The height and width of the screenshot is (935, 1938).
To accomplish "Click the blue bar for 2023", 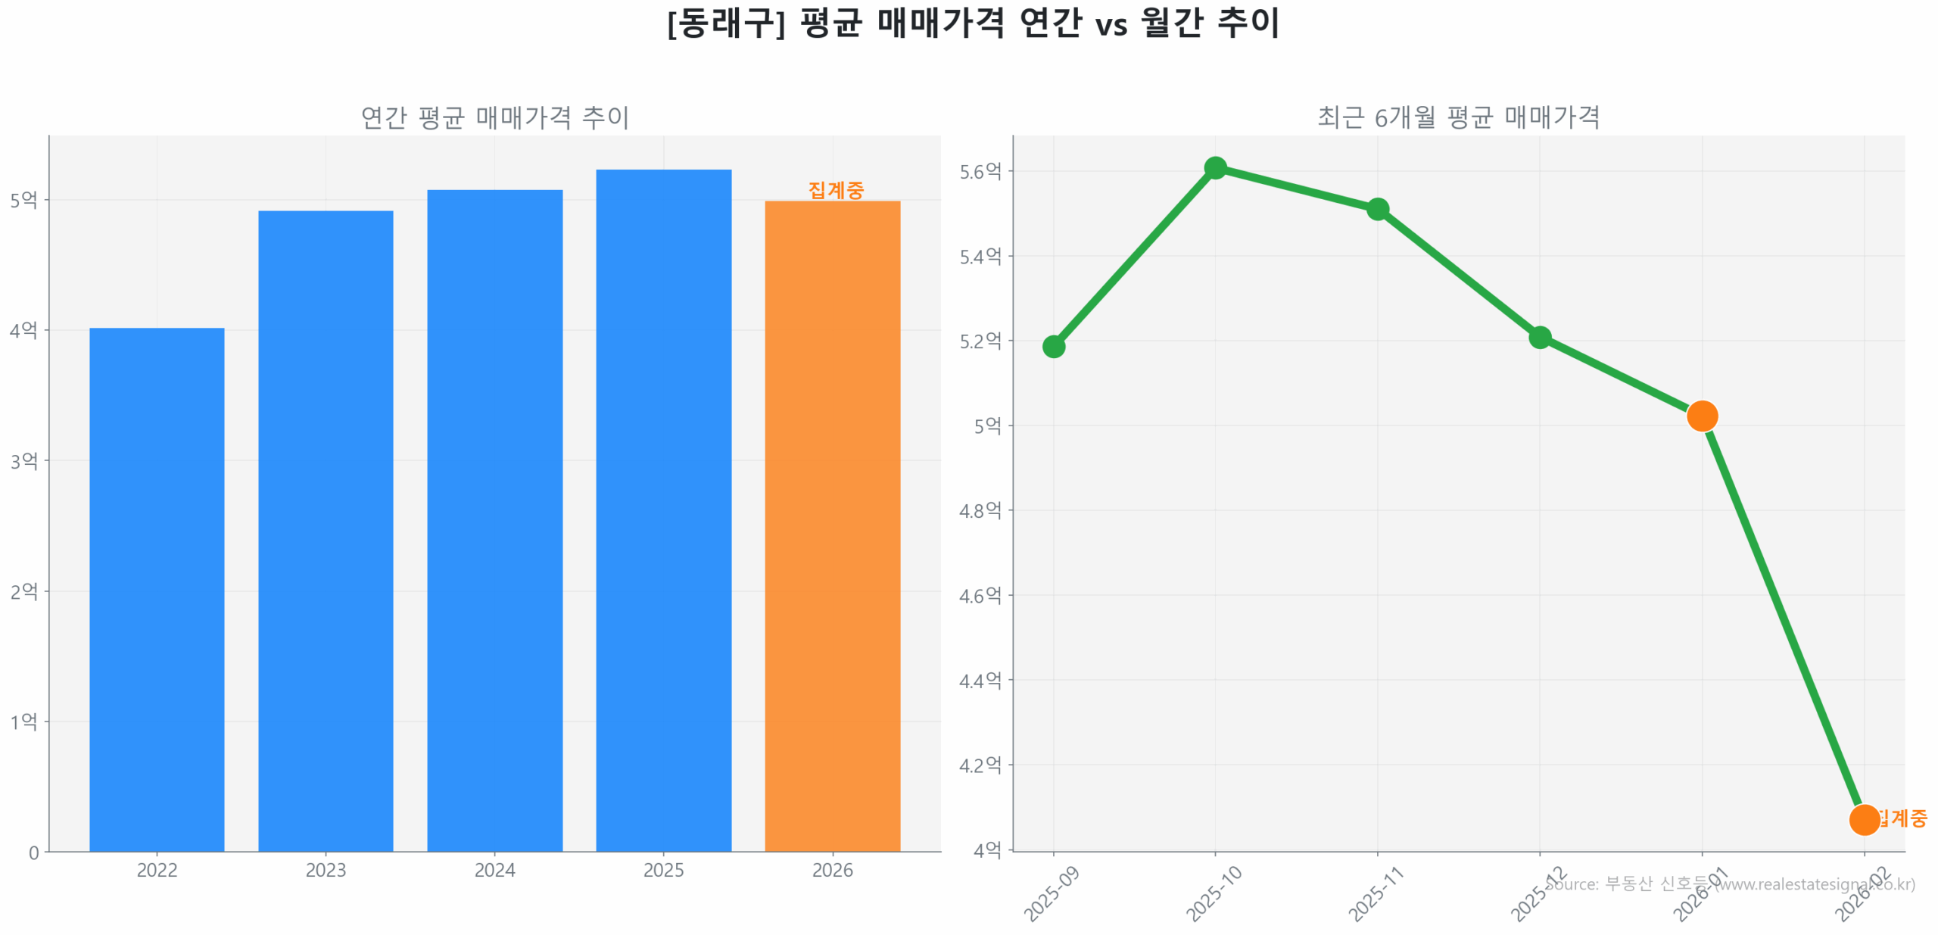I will pos(326,530).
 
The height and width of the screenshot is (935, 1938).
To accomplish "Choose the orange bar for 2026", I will pos(832,525).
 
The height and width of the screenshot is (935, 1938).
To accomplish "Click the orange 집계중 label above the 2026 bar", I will pos(835,190).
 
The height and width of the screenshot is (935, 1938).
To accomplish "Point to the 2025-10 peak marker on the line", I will pos(1215,168).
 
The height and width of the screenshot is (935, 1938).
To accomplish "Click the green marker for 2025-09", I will pos(1053,347).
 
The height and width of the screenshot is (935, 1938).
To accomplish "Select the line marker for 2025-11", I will pos(1377,209).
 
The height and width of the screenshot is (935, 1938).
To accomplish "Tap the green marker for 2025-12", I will pos(1539,337).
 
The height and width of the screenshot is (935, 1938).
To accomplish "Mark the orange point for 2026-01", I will pos(1702,416).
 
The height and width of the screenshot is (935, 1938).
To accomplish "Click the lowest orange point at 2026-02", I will pos(1864,819).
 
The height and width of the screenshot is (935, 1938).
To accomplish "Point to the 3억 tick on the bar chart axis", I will pos(23,461).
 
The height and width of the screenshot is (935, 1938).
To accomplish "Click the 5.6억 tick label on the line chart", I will pos(980,172).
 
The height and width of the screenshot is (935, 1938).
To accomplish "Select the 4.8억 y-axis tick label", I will pos(980,511).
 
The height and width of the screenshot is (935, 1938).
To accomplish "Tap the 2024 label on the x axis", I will pos(494,870).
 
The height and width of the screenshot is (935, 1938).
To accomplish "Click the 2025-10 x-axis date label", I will pos(1213,894).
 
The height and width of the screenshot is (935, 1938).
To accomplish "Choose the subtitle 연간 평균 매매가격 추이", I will pos(494,117).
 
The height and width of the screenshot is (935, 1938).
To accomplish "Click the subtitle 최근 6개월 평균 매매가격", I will pos(1458,117).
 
